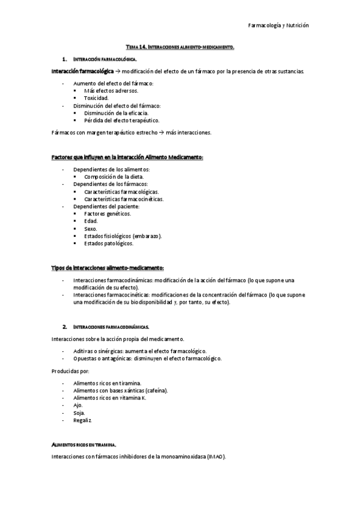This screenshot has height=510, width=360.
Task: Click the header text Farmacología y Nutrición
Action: click(278, 26)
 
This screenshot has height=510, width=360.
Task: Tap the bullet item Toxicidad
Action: click(96, 97)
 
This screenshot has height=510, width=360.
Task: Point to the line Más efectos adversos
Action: click(111, 90)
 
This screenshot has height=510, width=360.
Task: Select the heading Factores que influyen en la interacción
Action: click(127, 157)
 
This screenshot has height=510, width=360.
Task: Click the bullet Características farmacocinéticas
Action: click(124, 198)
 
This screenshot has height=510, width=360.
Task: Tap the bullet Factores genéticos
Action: click(108, 214)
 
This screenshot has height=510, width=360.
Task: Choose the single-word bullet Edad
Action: click(91, 221)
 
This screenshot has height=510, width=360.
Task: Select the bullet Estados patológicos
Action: click(109, 244)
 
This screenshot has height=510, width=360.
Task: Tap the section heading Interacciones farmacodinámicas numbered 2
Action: click(111, 326)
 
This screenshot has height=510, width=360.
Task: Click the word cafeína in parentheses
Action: click(156, 390)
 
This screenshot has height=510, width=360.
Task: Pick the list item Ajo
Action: click(78, 405)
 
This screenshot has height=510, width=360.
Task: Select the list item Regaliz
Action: click(82, 420)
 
